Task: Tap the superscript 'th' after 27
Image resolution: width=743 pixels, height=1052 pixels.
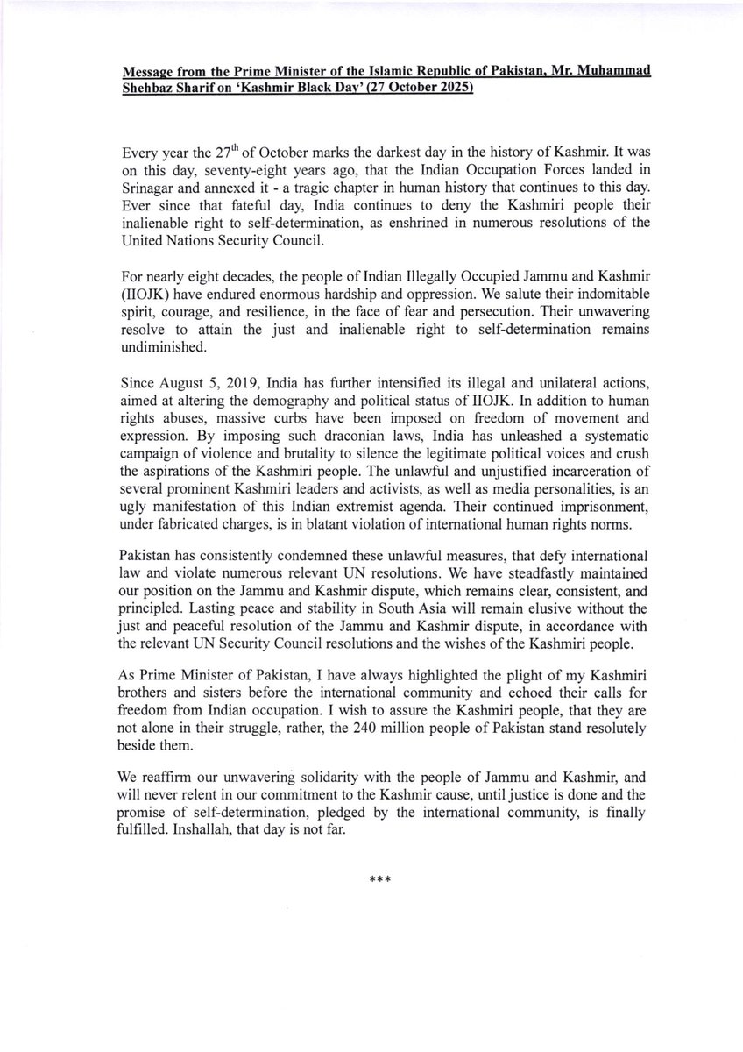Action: tap(234, 147)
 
